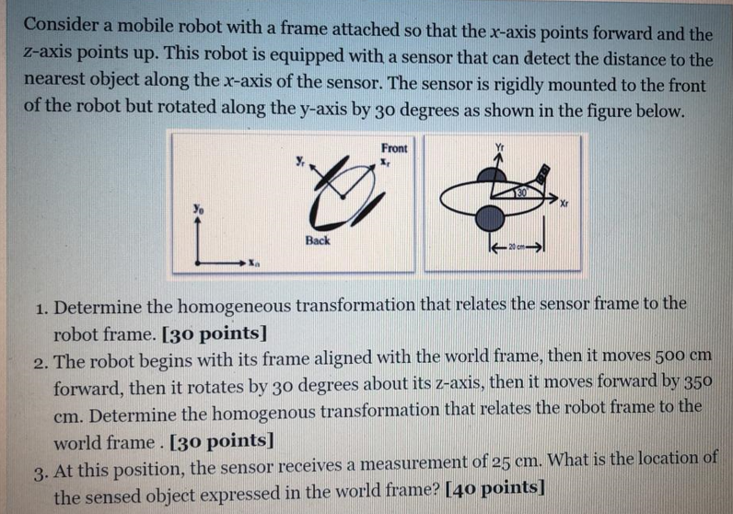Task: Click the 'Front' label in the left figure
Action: [394, 146]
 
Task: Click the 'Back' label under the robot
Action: [318, 239]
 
